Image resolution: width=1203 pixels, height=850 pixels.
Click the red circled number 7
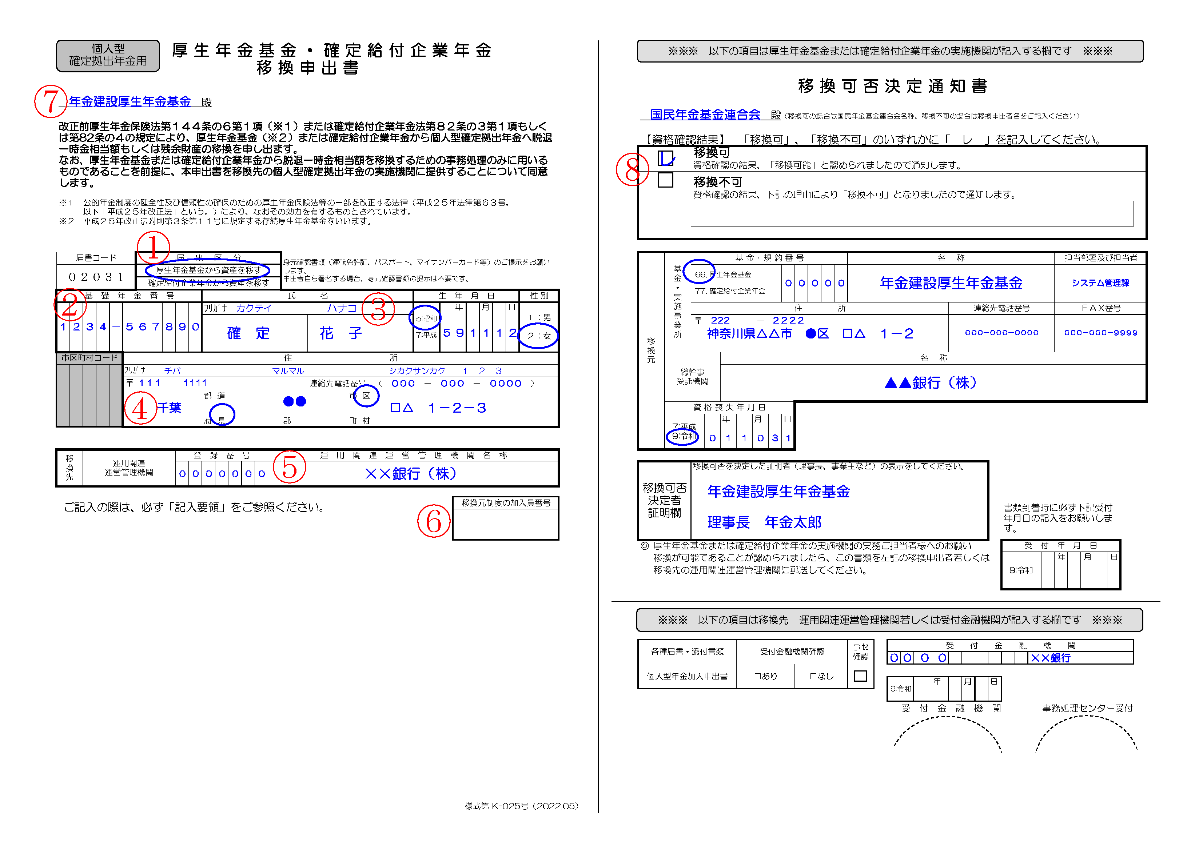coord(51,101)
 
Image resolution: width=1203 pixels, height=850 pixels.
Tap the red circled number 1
coord(153,247)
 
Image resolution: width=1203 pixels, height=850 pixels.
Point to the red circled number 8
coord(632,169)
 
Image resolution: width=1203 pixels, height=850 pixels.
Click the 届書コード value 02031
coord(96,277)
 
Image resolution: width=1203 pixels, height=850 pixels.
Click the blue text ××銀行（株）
coord(410,474)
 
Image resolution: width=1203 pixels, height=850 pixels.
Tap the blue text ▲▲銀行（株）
coord(931,383)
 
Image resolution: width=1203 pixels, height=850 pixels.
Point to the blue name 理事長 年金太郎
coord(764,522)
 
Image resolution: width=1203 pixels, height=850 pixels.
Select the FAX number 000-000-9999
coord(1100,333)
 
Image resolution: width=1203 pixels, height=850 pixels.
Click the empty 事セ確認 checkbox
coord(860,676)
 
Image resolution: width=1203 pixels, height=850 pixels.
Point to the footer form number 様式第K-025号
coord(521,806)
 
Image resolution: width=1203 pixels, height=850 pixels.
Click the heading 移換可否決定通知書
coord(892,86)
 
